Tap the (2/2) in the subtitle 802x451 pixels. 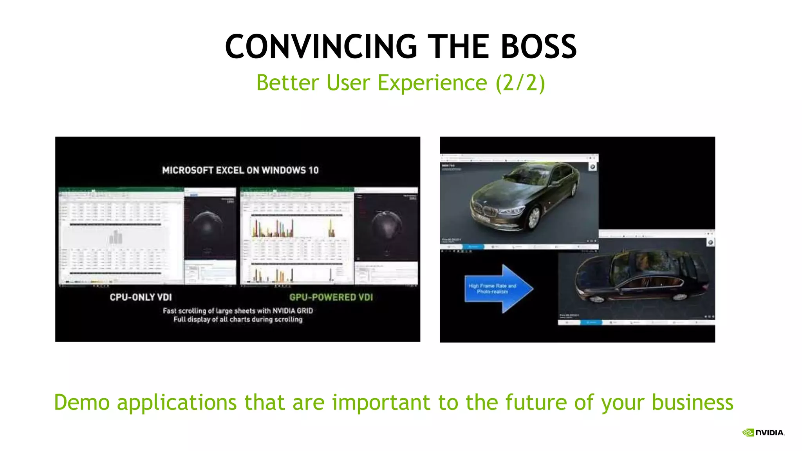point(520,83)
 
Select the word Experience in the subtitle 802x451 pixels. point(432,83)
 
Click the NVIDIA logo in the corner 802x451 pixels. point(764,432)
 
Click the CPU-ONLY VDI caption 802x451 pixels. point(141,297)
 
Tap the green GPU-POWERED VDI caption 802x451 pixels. point(331,297)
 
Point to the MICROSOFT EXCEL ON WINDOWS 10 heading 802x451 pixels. point(240,170)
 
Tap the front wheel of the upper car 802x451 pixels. point(534,218)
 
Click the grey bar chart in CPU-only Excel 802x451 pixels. point(116,237)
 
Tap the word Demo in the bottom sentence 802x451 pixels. point(81,402)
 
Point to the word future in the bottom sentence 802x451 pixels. point(536,402)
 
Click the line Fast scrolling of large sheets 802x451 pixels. point(238,311)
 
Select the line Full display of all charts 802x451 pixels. point(238,319)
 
